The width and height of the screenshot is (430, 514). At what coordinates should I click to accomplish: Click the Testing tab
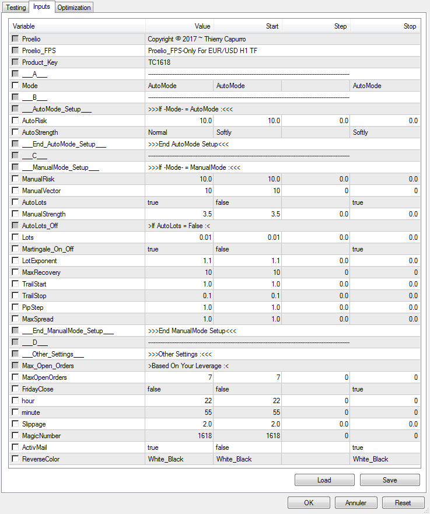pos(16,8)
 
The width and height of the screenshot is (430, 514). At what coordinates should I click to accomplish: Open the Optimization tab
pos(74,8)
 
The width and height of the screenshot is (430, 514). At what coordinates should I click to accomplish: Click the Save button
pos(389,480)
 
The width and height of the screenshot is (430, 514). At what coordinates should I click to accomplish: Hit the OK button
pos(309,502)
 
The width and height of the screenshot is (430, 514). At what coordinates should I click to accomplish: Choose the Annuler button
pos(356,502)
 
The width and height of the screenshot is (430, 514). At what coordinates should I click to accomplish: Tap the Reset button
pos(403,502)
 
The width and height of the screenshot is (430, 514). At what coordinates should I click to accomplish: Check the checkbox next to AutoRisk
pos(15,121)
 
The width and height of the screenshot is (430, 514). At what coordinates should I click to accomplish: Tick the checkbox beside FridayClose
pos(15,389)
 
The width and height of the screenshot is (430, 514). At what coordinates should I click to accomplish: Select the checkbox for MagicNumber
pos(15,436)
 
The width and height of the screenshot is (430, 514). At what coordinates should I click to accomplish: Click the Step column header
pos(340,26)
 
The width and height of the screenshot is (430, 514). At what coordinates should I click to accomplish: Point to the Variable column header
pos(24,26)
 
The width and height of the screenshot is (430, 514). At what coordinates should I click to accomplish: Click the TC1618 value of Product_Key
pos(159,62)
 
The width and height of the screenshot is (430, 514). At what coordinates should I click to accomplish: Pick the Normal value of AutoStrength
pos(158,132)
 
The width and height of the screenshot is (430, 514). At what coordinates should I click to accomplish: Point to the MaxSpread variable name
pos(37,319)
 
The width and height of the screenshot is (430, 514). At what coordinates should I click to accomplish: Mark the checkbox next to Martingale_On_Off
pos(15,249)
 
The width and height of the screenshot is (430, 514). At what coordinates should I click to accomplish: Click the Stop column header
pos(410,26)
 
